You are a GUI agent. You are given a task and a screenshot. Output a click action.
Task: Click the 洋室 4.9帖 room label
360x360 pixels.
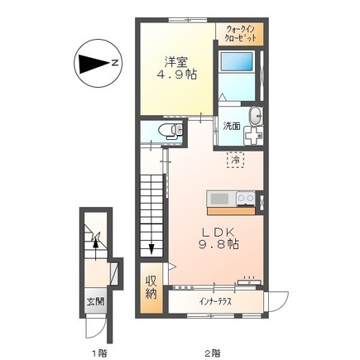(x=177, y=69)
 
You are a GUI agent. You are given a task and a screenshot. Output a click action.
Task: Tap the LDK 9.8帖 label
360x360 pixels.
(x=218, y=238)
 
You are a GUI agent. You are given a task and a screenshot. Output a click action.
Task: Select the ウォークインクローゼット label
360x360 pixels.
(x=240, y=33)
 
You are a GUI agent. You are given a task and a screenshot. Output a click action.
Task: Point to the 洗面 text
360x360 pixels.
(x=232, y=126)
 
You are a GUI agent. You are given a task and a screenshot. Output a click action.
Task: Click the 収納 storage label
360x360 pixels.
(x=151, y=288)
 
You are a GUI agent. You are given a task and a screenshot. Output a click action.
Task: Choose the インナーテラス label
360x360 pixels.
(x=215, y=301)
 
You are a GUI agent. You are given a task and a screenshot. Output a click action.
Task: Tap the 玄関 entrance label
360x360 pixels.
(x=96, y=302)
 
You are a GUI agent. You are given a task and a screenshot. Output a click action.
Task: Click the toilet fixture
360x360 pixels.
(x=170, y=130)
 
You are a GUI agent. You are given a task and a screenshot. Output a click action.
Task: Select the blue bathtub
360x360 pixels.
(x=237, y=61)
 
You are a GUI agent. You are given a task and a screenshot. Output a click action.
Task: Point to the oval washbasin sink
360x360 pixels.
(x=256, y=115)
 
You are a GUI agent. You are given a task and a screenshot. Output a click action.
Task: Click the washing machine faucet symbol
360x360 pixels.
(x=253, y=136)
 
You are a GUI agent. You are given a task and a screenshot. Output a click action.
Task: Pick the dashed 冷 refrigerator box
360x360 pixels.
(x=235, y=160)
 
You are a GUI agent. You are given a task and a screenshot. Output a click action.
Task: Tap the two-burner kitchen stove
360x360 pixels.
(x=246, y=199)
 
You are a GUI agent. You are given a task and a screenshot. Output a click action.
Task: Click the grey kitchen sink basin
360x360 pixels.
(x=219, y=199)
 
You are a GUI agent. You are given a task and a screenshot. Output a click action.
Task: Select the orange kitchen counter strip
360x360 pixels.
(x=231, y=211)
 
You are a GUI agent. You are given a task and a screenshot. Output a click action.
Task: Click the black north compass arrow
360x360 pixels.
(x=94, y=64)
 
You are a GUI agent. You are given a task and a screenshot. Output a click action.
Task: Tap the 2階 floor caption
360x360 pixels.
(x=212, y=353)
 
